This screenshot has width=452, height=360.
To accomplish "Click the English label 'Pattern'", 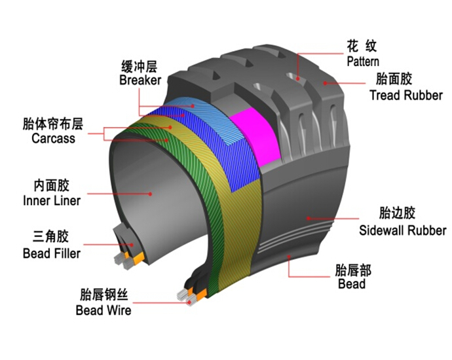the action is pyautogui.click(x=363, y=62).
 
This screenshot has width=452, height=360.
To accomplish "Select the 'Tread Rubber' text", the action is pyautogui.click(x=406, y=96).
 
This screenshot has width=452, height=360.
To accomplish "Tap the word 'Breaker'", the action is pyautogui.click(x=140, y=80).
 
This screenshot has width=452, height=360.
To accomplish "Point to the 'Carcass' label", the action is pyautogui.click(x=53, y=138).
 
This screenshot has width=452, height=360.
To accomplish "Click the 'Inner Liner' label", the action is pyautogui.click(x=52, y=201).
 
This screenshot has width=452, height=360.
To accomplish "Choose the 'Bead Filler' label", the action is pyautogui.click(x=52, y=253).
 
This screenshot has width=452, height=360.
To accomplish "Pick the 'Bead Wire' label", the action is pyautogui.click(x=104, y=310).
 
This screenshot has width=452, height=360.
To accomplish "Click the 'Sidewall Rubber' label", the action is pyautogui.click(x=402, y=230).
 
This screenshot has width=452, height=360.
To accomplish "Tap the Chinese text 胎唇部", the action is pyautogui.click(x=353, y=270).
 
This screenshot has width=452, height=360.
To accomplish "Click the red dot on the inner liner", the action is pyautogui.click(x=150, y=194).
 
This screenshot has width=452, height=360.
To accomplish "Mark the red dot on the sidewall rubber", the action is pyautogui.click(x=308, y=219).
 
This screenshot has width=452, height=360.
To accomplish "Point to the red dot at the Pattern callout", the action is pyautogui.click(x=298, y=79).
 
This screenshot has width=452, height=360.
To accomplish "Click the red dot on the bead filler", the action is pyautogui.click(x=132, y=245).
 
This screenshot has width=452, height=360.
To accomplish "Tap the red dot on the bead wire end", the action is pyautogui.click(x=190, y=302).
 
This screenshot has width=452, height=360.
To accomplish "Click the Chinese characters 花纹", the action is pyautogui.click(x=362, y=46).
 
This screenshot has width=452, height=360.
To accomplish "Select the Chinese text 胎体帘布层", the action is pyautogui.click(x=53, y=124).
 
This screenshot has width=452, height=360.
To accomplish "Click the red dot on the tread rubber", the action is pyautogui.click(x=325, y=83).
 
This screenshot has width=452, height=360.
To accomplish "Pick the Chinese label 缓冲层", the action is pyautogui.click(x=140, y=67).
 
